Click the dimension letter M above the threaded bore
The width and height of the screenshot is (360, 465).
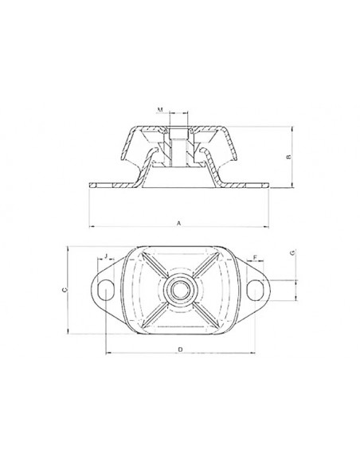[160, 108]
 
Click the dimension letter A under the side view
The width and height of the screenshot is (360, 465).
[180, 224]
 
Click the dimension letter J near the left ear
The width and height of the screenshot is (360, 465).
[107, 257]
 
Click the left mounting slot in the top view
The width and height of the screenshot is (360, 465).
[104, 292]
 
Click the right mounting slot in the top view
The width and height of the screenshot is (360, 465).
[256, 292]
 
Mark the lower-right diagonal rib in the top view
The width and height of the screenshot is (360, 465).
[209, 316]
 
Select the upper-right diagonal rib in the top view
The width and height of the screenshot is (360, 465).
[209, 263]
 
